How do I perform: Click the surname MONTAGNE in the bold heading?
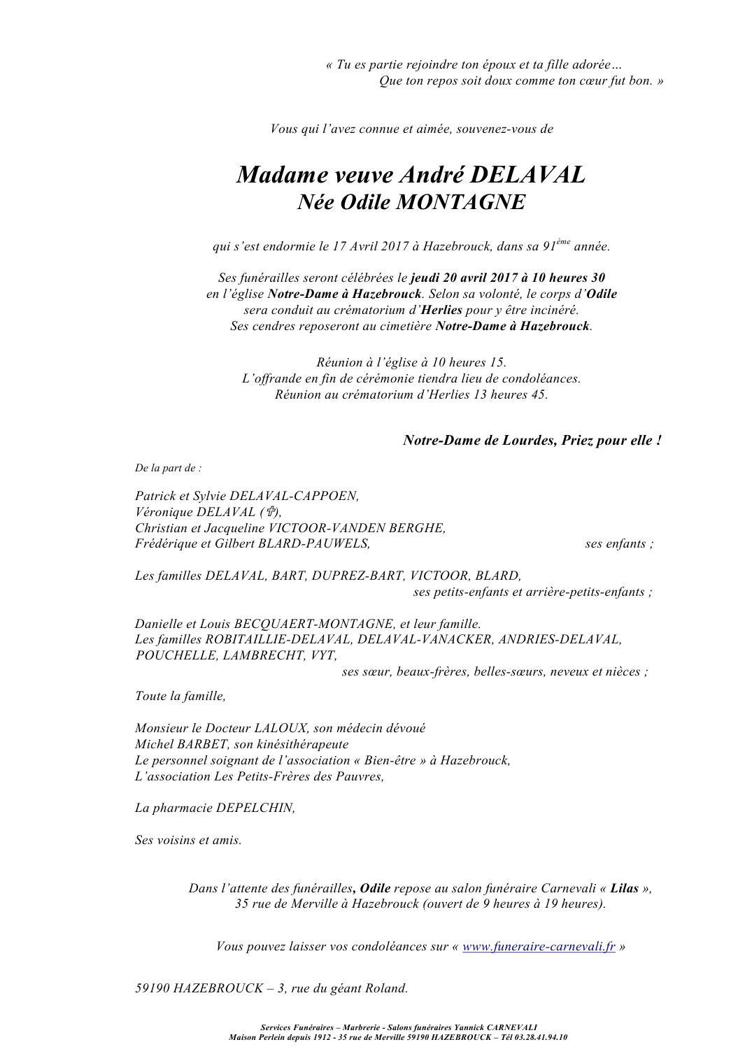coord(460,202)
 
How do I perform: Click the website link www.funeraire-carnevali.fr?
coord(539,947)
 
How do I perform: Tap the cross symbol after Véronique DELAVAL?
coord(269,512)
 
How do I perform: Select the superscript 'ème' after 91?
coord(563,242)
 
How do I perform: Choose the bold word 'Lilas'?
coord(624,888)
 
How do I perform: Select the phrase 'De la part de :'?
coord(168,469)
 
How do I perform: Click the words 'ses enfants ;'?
coord(619,543)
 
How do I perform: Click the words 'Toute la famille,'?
coord(180,696)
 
